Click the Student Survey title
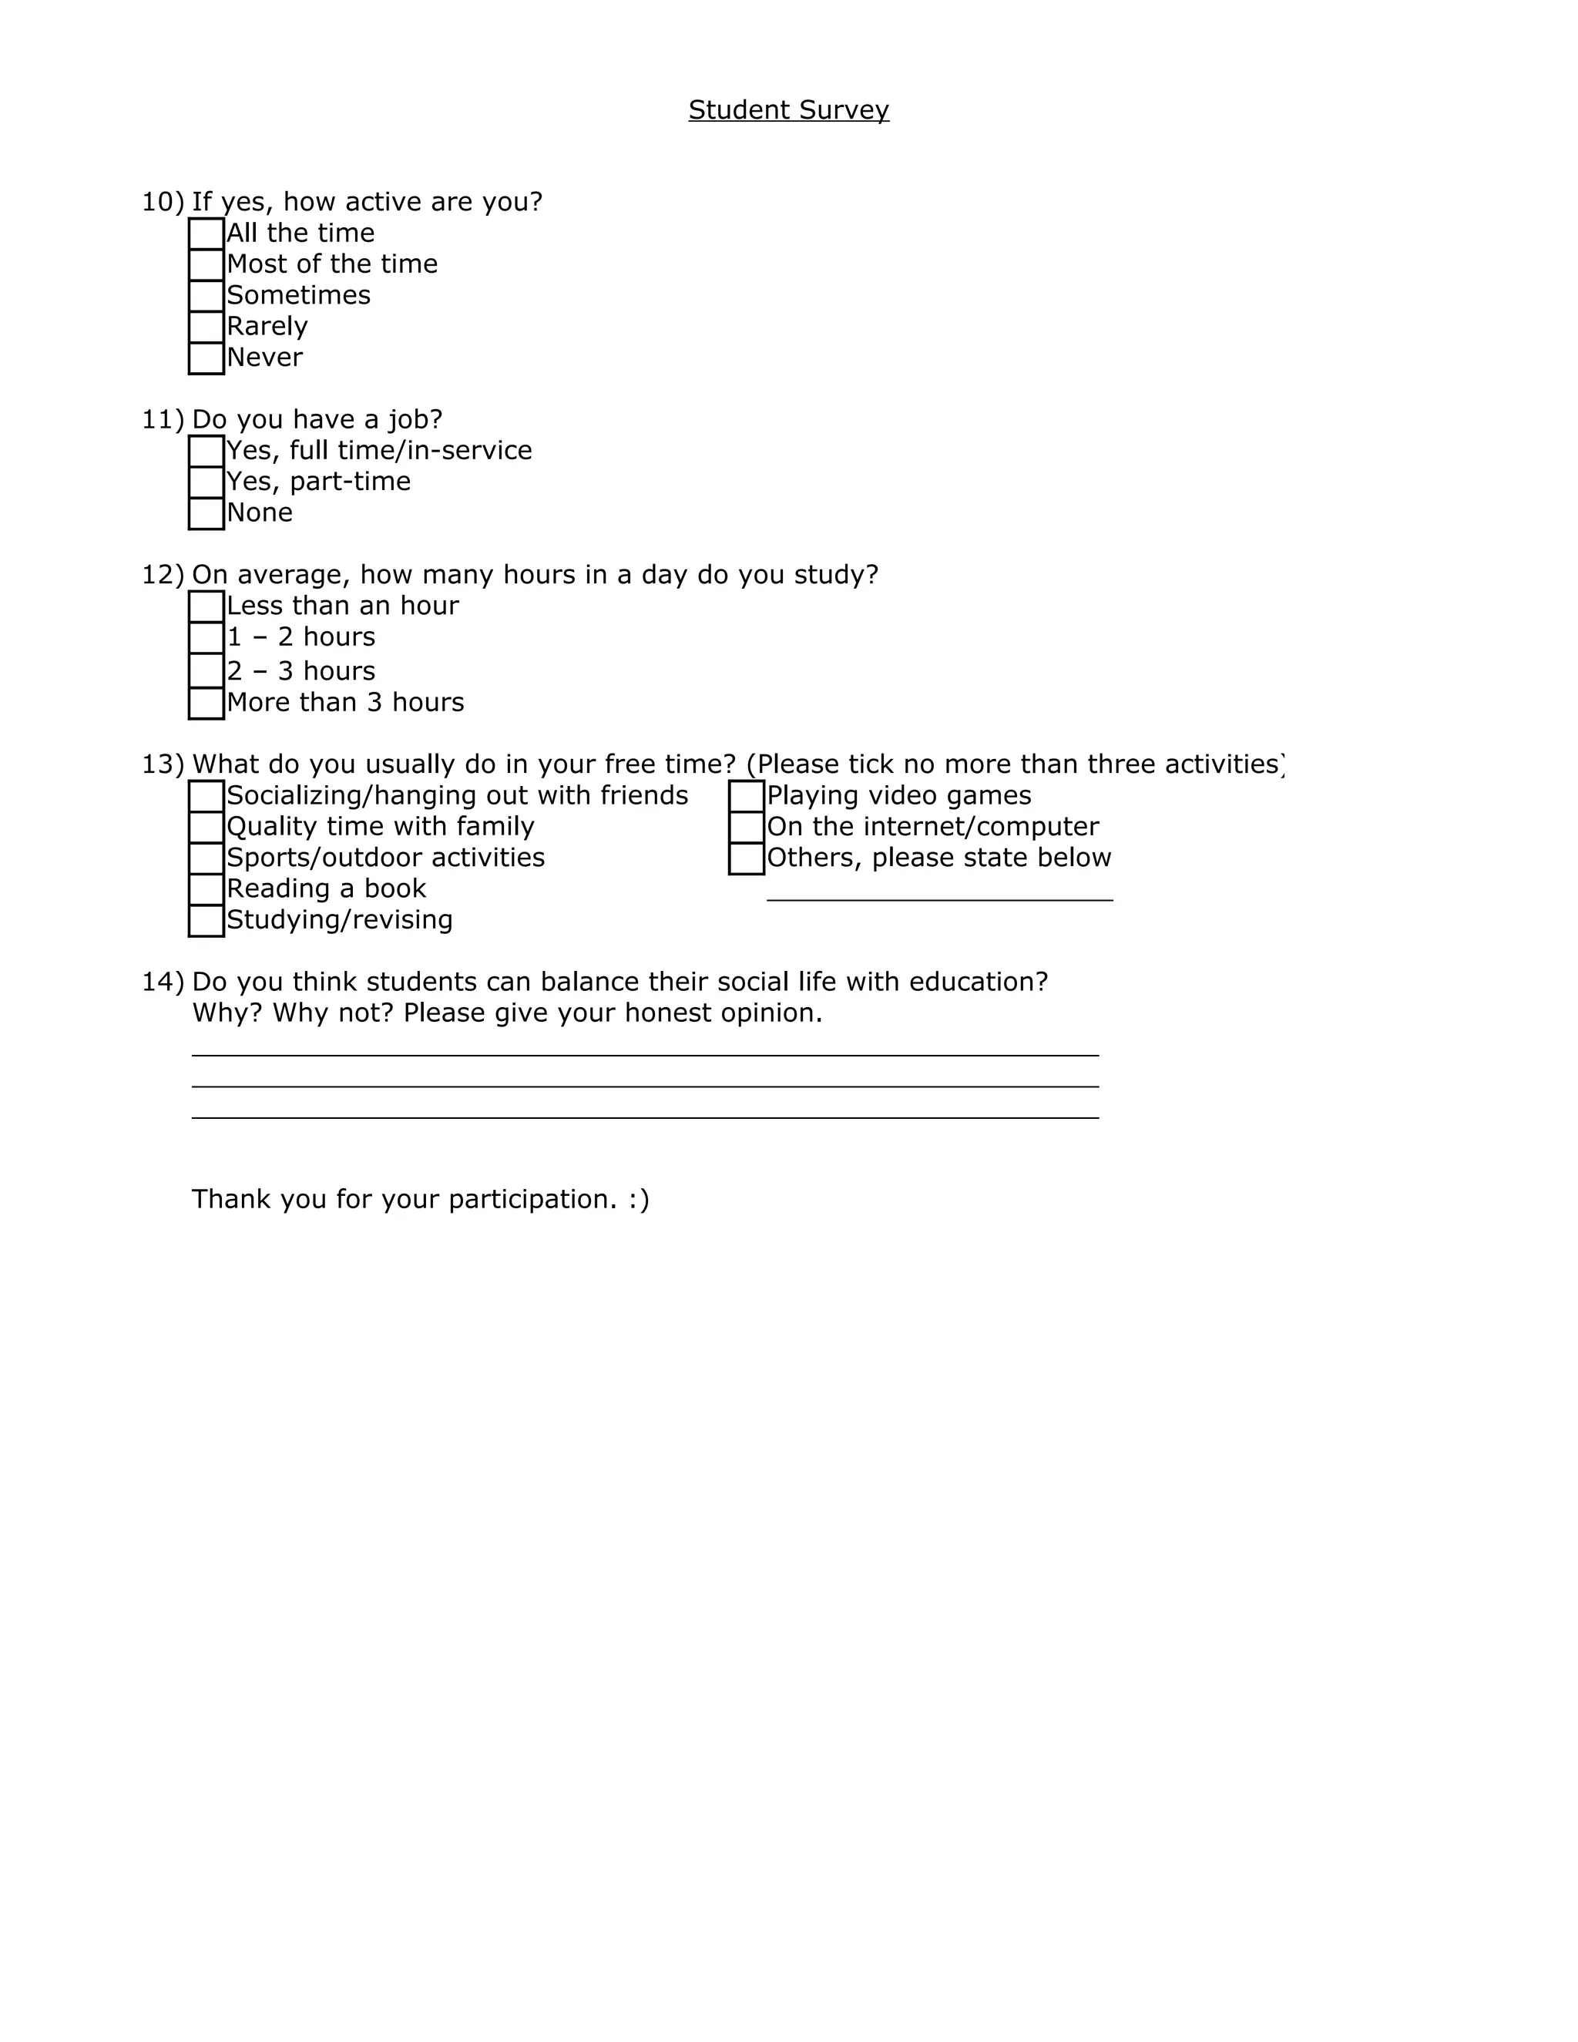pos(788,110)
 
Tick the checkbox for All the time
pos(206,233)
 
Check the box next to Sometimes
pos(206,295)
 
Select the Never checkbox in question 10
pos(206,358)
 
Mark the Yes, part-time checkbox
pos(206,482)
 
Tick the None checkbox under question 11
pos(206,513)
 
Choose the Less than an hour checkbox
pos(206,606)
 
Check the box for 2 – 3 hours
pos(206,671)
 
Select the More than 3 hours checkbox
pos(206,703)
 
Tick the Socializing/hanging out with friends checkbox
pos(206,797)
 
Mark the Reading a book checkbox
pos(206,889)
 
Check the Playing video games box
pos(746,797)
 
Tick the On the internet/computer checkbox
pos(746,828)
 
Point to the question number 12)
pos(163,575)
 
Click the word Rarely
pos(267,326)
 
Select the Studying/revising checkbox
pos(206,921)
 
